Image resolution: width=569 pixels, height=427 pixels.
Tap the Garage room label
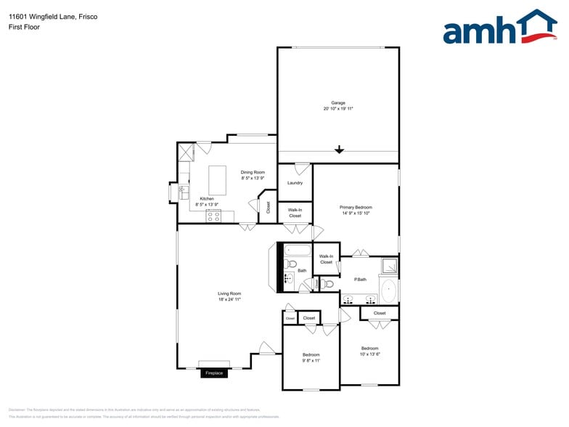(x=338, y=103)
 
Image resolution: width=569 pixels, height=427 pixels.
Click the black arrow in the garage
(x=339, y=150)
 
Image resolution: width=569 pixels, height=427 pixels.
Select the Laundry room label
(x=295, y=183)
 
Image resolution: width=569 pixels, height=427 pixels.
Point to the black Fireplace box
(x=214, y=373)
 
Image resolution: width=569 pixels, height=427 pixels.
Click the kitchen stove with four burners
(x=213, y=216)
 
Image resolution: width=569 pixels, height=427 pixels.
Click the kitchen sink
(x=184, y=192)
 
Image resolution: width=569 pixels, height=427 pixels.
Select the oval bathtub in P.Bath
(x=389, y=290)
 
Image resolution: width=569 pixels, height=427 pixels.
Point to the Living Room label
(x=229, y=294)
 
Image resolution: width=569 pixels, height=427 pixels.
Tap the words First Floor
(x=25, y=27)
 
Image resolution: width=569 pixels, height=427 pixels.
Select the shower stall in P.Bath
(x=390, y=265)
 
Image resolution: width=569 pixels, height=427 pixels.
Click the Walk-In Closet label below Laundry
(x=295, y=213)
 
